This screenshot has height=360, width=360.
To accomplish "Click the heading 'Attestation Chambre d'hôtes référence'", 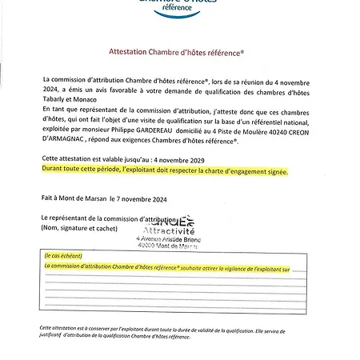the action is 176,50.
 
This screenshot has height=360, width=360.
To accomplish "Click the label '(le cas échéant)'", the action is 62,256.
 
